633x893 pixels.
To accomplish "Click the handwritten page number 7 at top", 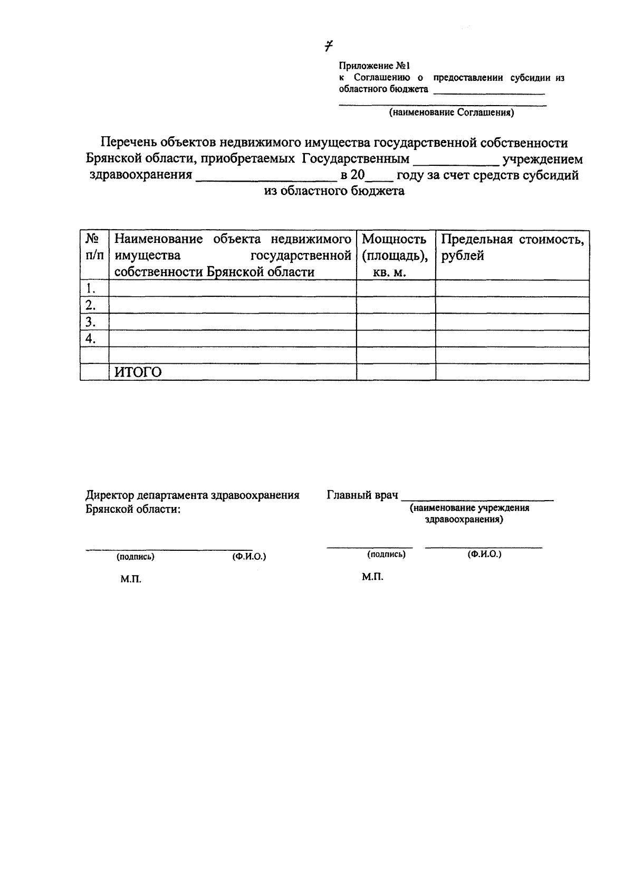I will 329,46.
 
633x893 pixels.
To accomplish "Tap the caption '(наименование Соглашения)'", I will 452,112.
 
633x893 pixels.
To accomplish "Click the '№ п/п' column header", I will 94,247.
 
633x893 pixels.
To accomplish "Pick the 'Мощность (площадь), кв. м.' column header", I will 395,256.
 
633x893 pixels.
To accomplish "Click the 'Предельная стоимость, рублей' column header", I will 512,248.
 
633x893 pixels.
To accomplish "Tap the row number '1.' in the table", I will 91,288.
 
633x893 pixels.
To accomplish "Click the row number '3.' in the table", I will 91,322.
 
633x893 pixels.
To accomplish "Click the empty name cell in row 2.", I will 232,305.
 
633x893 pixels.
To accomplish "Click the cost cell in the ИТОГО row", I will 512,372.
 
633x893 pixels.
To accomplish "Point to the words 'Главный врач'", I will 362,495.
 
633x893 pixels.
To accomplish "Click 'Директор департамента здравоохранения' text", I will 193,495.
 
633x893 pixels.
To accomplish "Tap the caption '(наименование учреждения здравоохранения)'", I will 469,514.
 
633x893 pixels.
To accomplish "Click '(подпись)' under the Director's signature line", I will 136,557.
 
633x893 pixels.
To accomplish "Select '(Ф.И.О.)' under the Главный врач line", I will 484,554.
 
